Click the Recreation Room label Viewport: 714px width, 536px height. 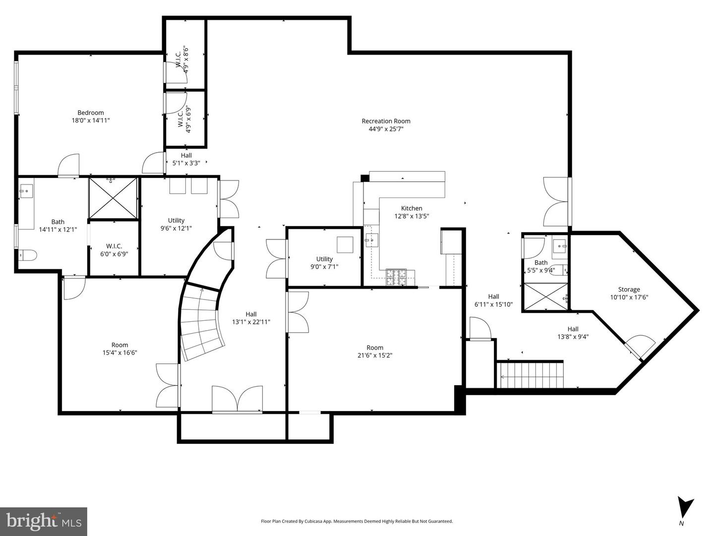pyautogui.click(x=386, y=121)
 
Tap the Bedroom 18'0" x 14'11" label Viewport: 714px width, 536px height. pyautogui.click(x=91, y=116)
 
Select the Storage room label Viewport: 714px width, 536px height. pyautogui.click(x=629, y=293)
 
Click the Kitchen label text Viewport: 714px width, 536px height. pyautogui.click(x=412, y=208)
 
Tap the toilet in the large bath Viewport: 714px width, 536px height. pyautogui.click(x=27, y=256)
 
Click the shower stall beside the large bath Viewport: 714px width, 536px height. pyautogui.click(x=114, y=198)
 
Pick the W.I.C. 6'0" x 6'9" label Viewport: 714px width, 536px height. pyautogui.click(x=114, y=250)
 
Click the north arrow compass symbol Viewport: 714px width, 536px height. pyautogui.click(x=685, y=507)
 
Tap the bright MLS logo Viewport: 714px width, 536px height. pyautogui.click(x=44, y=521)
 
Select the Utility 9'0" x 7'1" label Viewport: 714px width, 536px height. pyautogui.click(x=324, y=262)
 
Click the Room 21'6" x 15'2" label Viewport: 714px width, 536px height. pyautogui.click(x=375, y=351)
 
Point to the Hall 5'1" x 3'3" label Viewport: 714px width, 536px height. pyautogui.click(x=186, y=159)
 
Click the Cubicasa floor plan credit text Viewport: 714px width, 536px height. pyautogui.click(x=357, y=521)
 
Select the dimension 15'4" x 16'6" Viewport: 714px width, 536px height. pyautogui.click(x=119, y=353)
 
